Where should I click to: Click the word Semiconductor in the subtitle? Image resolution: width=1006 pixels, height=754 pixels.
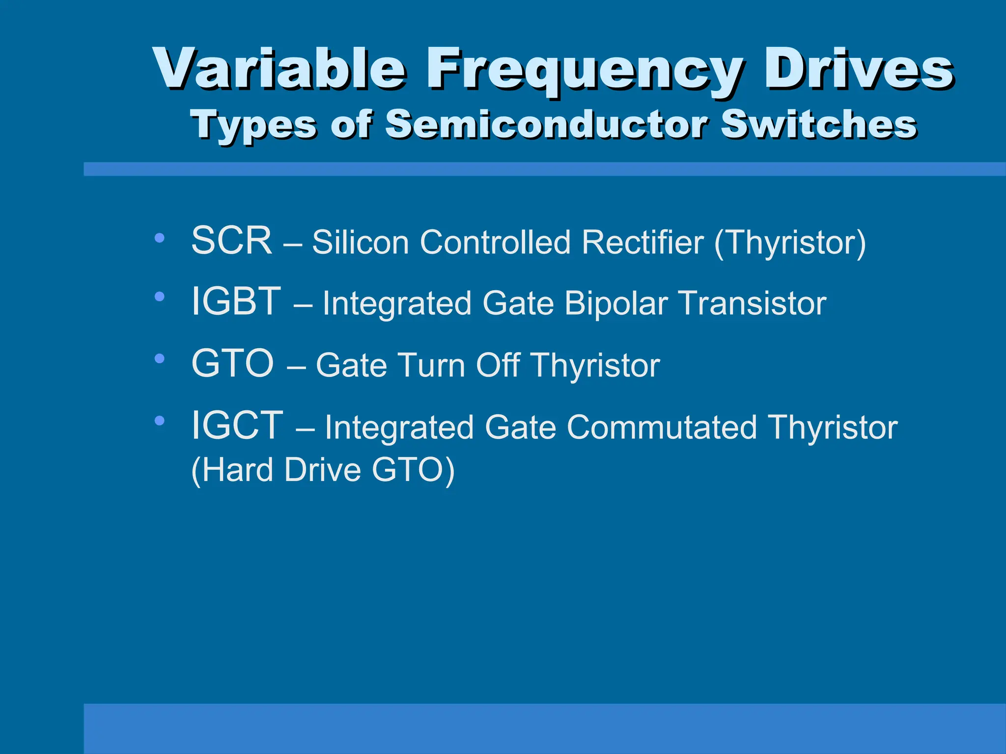545,124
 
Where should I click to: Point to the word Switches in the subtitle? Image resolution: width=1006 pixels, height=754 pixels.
818,124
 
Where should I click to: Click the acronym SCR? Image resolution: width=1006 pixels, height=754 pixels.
231,241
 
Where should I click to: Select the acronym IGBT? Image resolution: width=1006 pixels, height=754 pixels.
236,301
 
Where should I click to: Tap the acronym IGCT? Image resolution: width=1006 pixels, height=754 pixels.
237,425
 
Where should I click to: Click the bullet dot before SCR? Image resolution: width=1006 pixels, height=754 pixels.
159,238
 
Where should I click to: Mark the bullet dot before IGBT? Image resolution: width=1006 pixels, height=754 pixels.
159,296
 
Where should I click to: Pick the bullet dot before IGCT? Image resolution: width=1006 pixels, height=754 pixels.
159,420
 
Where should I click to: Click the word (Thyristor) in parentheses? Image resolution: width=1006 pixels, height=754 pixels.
790,242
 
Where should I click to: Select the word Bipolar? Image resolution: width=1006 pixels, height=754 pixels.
616,303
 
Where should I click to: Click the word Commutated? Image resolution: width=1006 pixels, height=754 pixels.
661,427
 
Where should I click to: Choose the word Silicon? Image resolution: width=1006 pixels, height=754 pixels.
361,242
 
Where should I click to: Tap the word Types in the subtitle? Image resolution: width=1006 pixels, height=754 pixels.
253,125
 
